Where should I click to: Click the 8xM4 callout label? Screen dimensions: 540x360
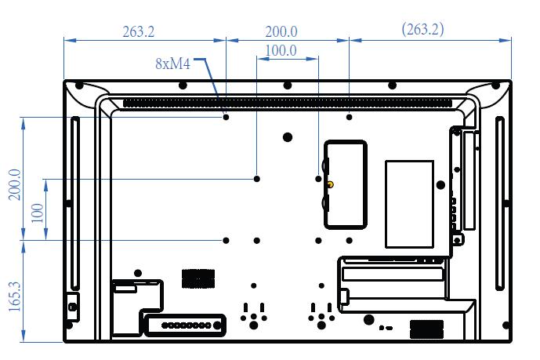(172, 64)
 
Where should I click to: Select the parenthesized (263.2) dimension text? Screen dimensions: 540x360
(422, 29)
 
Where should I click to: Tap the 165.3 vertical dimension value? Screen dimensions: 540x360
(15, 296)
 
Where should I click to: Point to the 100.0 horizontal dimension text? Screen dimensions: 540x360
(281, 51)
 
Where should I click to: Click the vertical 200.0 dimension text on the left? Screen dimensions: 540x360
(15, 184)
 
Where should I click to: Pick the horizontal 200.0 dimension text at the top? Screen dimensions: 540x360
(281, 31)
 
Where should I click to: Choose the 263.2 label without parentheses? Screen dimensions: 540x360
(139, 31)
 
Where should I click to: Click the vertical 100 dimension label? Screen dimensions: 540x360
(38, 213)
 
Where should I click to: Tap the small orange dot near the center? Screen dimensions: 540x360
(330, 184)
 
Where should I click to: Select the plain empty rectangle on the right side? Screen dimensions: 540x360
(409, 204)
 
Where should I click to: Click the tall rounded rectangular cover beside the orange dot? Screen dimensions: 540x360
(346, 184)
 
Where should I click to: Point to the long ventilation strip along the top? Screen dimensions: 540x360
(288, 103)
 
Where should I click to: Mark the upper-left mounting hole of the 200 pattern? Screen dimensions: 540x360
(226, 117)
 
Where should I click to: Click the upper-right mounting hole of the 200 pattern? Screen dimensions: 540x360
(350, 117)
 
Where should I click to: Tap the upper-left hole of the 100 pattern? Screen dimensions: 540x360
(256, 179)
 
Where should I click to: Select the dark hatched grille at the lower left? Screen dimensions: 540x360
(198, 278)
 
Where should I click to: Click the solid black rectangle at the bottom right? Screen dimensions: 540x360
(426, 329)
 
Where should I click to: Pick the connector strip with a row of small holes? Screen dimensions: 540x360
(185, 325)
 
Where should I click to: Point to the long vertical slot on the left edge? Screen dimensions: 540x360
(74, 204)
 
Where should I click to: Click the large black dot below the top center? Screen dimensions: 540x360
(288, 137)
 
